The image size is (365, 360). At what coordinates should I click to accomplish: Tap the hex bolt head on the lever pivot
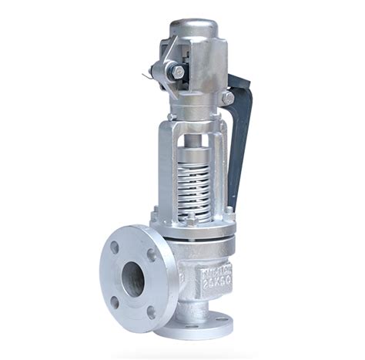point(179,72)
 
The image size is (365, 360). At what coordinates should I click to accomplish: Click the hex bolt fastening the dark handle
point(227,99)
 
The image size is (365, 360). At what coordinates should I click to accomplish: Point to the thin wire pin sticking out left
point(148,75)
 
